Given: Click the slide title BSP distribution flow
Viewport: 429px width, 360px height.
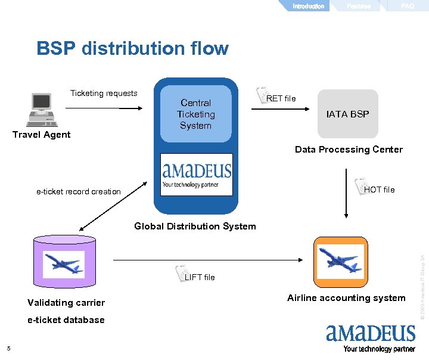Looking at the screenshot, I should click(x=132, y=48).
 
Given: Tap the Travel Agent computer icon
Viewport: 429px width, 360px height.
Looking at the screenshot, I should click(x=41, y=110).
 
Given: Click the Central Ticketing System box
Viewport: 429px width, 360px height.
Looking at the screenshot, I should click(x=195, y=114).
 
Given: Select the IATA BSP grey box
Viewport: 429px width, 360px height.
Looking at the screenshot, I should click(x=347, y=114).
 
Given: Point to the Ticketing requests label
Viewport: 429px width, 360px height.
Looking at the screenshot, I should click(x=104, y=93).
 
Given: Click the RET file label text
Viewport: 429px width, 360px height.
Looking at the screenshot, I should click(x=281, y=98).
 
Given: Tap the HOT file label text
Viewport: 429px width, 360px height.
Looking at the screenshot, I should click(x=379, y=190).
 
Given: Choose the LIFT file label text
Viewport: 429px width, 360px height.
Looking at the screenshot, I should click(x=200, y=277).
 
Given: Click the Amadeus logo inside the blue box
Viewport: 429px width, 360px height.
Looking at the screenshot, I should click(x=197, y=174).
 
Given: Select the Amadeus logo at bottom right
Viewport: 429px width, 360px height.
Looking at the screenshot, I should click(x=370, y=338).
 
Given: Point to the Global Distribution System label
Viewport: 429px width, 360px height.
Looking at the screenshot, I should click(x=195, y=226).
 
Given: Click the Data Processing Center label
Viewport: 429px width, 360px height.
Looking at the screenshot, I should click(x=349, y=150).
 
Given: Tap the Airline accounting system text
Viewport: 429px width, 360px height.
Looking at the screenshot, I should click(x=346, y=298).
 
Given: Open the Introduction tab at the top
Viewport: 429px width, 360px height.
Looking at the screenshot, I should click(x=308, y=6).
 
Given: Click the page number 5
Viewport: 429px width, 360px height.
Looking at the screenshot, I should click(x=8, y=349).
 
